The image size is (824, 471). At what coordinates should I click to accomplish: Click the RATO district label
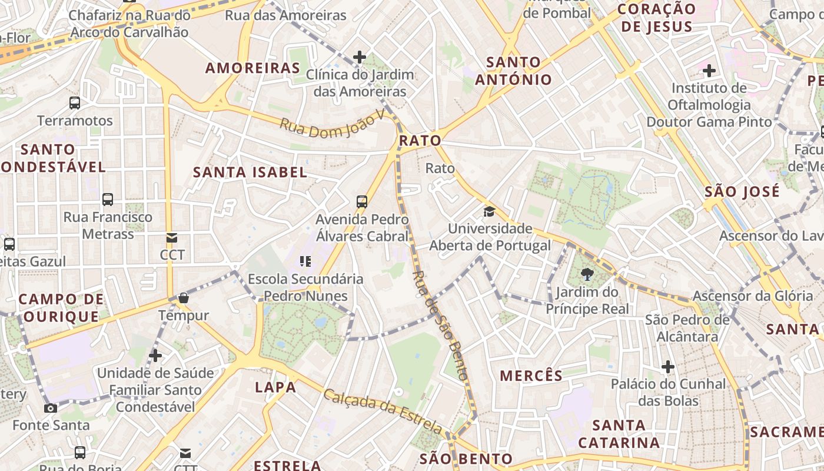tap(420, 141)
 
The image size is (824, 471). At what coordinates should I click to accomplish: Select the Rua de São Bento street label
tap(441, 324)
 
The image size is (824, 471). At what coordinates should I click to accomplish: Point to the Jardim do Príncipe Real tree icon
tap(587, 274)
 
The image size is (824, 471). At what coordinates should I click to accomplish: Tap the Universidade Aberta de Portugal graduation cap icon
tap(489, 211)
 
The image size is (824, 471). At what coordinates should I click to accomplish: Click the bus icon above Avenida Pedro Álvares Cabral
tap(362, 201)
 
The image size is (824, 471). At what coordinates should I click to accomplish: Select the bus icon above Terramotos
tap(75, 103)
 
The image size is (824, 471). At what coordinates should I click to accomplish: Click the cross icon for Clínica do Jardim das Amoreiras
tap(360, 57)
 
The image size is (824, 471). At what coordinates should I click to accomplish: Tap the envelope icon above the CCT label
tap(172, 238)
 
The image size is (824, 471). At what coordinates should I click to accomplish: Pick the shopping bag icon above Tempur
tap(184, 298)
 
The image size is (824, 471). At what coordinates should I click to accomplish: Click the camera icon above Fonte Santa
tap(51, 408)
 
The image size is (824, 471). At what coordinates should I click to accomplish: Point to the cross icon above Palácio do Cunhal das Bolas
tap(667, 367)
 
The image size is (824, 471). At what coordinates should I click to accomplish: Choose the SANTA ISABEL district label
tap(250, 172)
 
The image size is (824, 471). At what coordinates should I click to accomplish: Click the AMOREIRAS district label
tap(252, 68)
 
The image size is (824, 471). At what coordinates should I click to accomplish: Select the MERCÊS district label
tap(531, 375)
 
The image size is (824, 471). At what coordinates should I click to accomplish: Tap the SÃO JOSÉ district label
tap(742, 191)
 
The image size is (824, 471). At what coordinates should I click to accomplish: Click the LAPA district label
tap(275, 387)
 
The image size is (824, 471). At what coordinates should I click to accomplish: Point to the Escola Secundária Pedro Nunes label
tap(305, 287)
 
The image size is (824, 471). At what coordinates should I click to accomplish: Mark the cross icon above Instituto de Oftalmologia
tap(709, 71)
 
